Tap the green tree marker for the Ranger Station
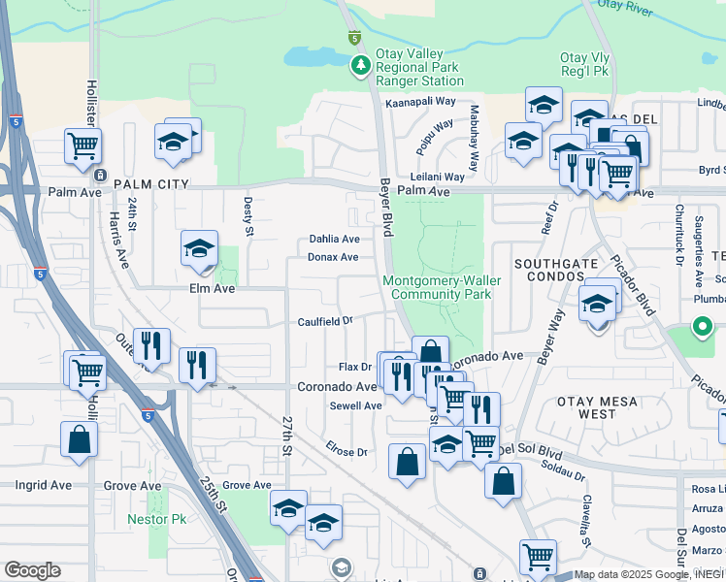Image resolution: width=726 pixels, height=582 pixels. point(360,65)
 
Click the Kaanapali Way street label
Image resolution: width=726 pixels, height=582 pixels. point(420,101)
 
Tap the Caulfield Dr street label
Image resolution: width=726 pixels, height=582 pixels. point(325,320)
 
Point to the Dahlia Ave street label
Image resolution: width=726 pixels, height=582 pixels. point(334,239)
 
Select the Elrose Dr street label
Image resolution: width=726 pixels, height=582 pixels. point(348,452)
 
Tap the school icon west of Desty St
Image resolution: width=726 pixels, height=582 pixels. point(199,248)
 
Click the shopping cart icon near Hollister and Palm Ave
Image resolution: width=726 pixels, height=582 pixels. point(83,145)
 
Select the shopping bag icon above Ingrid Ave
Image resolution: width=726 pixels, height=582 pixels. point(79,438)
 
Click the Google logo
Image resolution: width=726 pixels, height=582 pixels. point(32,570)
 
